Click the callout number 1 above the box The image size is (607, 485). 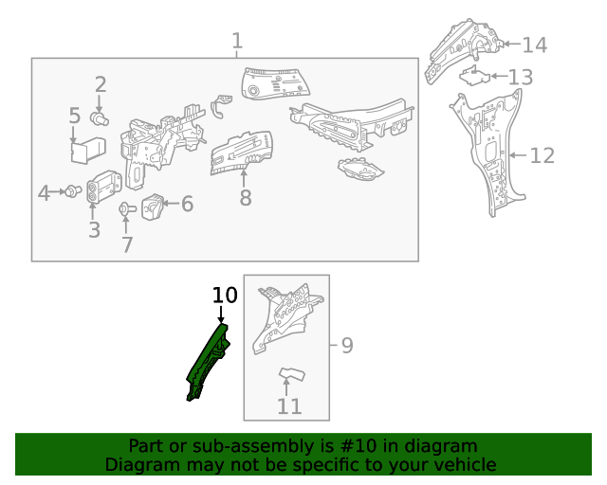click(236, 42)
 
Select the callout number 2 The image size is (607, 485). click(100, 85)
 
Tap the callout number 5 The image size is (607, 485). click(75, 117)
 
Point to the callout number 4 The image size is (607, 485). click(44, 193)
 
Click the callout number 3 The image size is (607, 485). click(93, 230)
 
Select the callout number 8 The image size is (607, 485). click(245, 198)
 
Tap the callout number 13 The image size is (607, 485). click(521, 77)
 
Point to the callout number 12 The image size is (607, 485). click(542, 155)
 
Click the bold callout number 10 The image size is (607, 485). click(224, 296)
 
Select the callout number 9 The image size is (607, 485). click(346, 346)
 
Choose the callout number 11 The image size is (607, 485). click(289, 406)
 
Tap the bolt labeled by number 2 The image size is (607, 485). click(99, 118)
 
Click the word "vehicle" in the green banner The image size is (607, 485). click(460, 465)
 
